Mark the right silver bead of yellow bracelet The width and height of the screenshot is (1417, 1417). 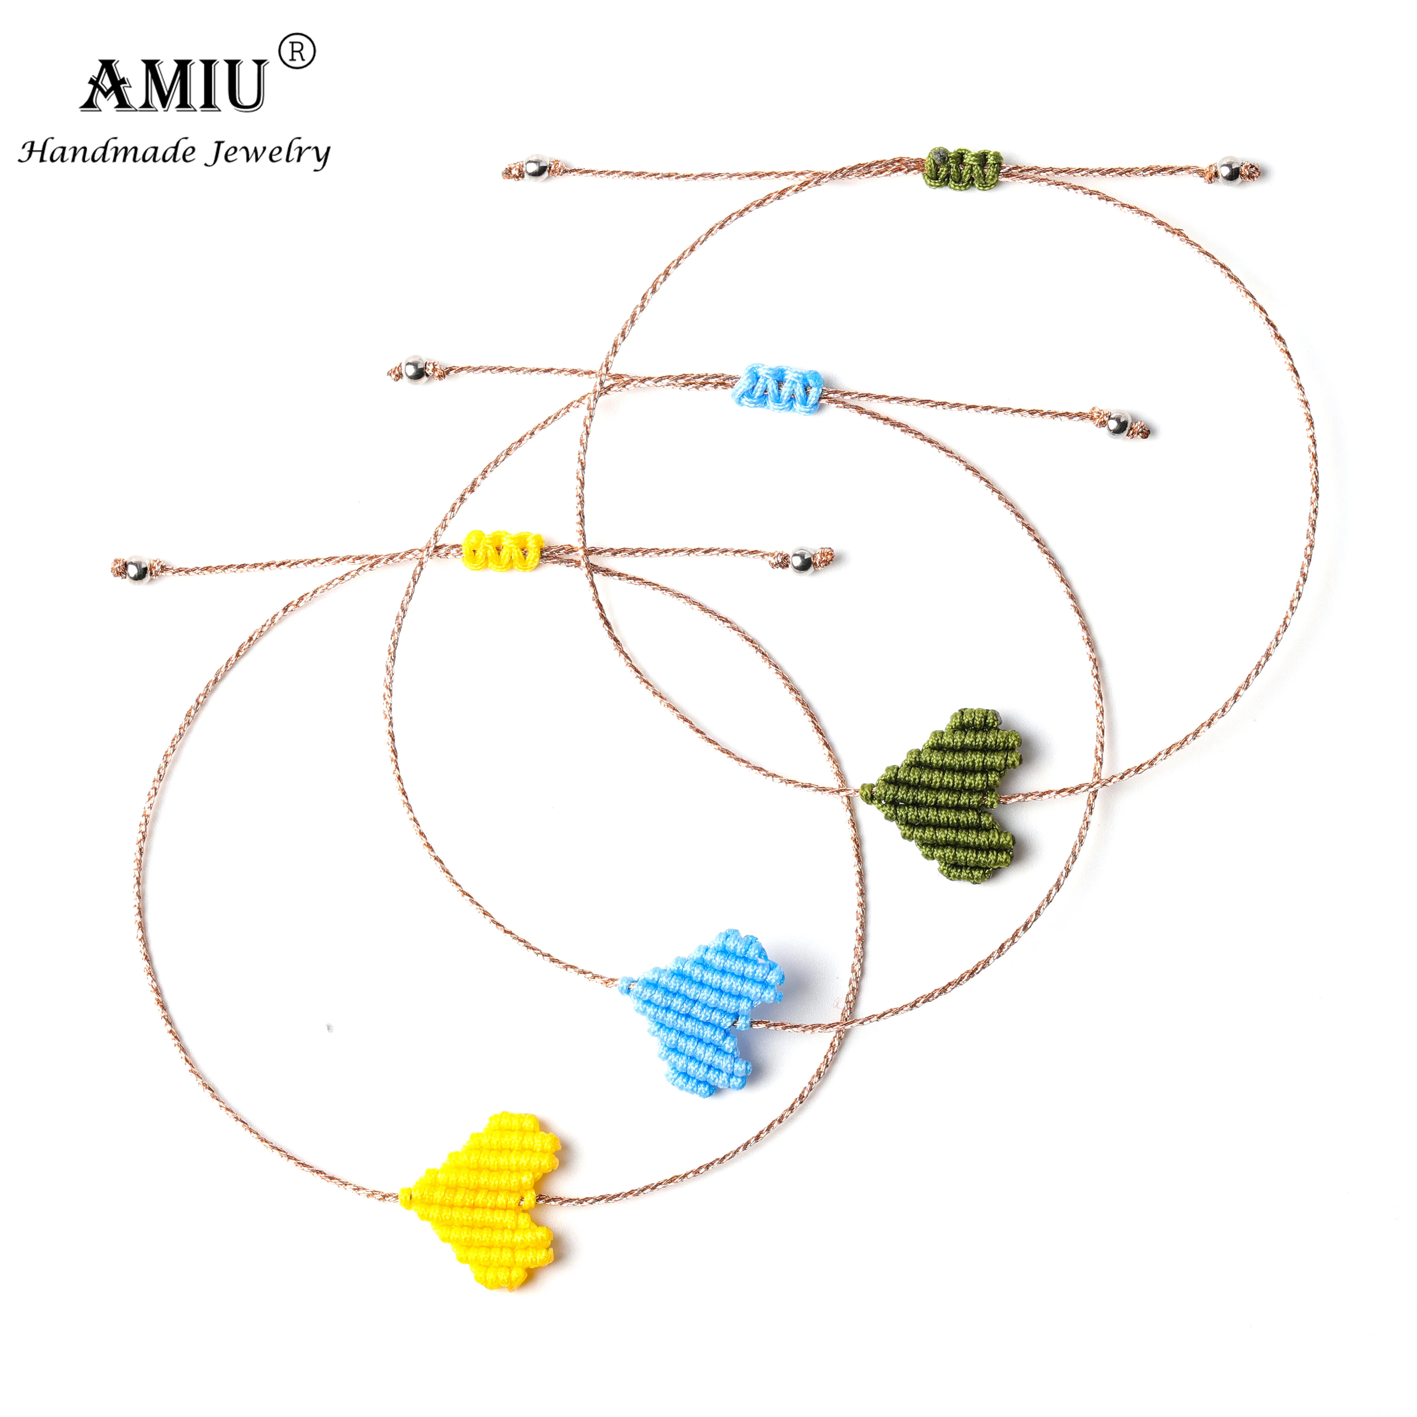point(801,560)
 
